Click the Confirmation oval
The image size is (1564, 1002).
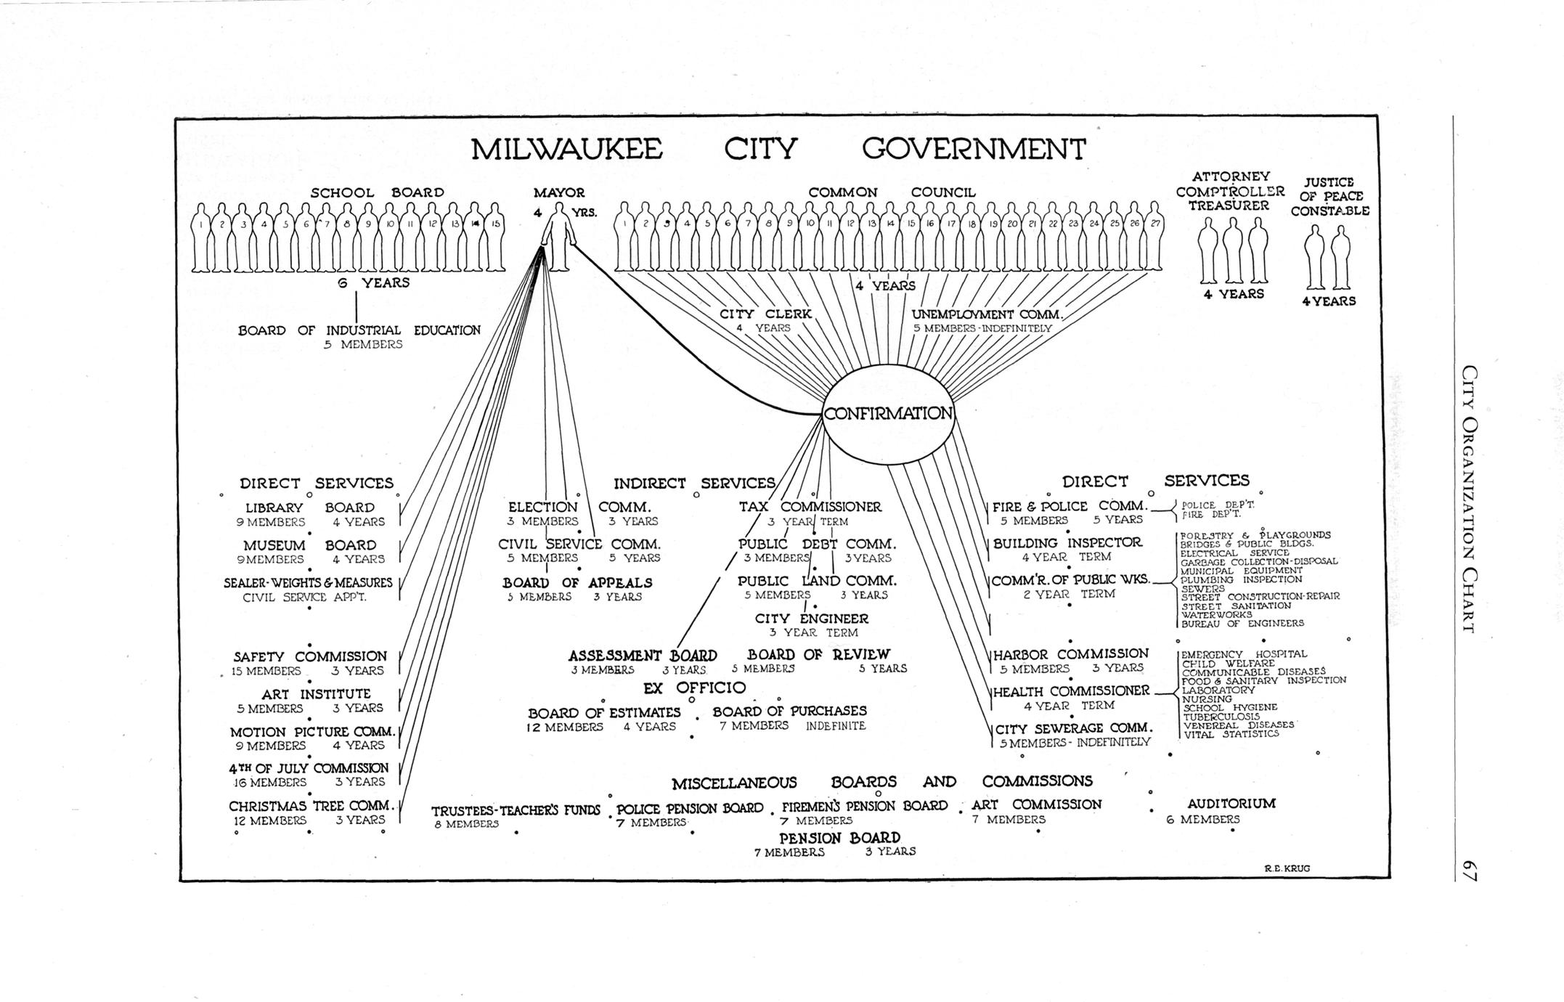[887, 413]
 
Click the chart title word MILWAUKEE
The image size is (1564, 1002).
[566, 149]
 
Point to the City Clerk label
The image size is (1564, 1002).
[765, 314]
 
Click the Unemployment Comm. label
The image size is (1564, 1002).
[987, 314]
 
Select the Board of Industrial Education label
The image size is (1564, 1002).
[359, 330]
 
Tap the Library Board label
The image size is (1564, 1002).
[310, 508]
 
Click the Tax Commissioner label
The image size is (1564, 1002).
[810, 507]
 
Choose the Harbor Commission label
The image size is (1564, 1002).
[1071, 654]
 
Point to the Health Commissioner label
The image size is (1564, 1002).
[1071, 691]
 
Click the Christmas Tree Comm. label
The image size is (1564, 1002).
[311, 806]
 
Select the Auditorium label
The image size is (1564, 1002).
[1231, 804]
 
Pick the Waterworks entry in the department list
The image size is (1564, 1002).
[1216, 614]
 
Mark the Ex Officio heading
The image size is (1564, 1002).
[695, 688]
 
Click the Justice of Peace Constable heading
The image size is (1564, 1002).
[1329, 196]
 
